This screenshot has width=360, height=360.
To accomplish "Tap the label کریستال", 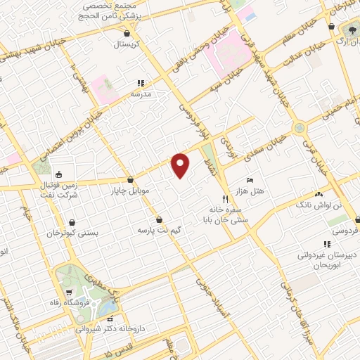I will (127, 44).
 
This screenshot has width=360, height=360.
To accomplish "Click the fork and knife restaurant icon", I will (225, 198).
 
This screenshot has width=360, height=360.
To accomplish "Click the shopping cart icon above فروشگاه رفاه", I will (68, 292).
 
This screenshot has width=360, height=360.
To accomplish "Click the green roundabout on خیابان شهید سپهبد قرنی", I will (300, 128).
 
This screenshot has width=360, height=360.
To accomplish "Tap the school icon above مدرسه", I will (140, 82).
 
